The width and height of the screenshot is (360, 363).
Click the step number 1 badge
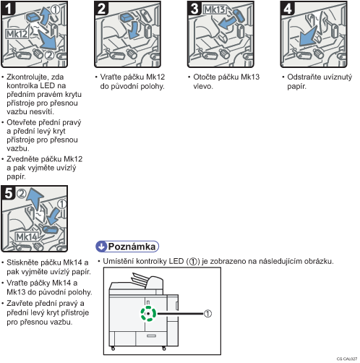(x=9, y=9)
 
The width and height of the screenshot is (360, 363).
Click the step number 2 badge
(x=101, y=9)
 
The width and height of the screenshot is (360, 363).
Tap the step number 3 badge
(x=194, y=9)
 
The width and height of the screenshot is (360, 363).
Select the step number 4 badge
(x=288, y=9)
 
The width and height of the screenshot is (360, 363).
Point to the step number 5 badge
(x=9, y=193)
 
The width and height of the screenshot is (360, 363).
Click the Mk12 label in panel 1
(x=17, y=34)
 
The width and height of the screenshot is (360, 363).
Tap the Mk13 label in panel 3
(x=215, y=9)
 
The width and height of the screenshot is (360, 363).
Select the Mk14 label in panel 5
(x=27, y=236)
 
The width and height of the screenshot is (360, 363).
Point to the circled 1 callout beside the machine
(x=207, y=314)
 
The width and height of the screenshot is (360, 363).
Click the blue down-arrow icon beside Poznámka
(x=101, y=247)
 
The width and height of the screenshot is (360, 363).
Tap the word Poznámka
(x=132, y=247)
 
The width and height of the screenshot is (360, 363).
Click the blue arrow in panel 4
(x=308, y=37)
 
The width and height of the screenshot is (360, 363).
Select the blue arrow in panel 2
(x=133, y=30)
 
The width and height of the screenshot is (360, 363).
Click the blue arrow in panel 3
(x=227, y=23)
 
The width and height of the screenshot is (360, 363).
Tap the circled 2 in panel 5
(x=22, y=194)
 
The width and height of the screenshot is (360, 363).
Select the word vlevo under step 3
(x=203, y=86)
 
